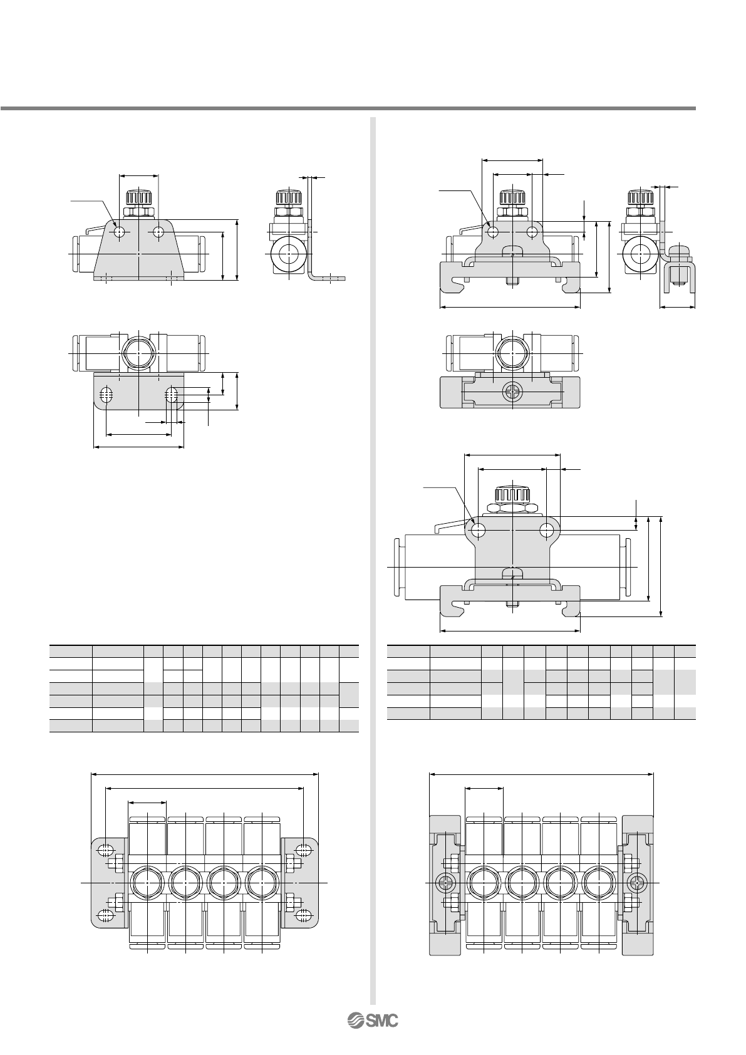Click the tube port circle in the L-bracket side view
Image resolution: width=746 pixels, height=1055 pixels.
click(x=286, y=254)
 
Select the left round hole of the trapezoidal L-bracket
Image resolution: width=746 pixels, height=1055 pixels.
click(x=120, y=232)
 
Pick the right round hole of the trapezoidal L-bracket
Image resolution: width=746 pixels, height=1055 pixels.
click(x=158, y=232)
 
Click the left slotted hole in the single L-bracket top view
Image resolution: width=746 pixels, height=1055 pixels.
click(x=107, y=394)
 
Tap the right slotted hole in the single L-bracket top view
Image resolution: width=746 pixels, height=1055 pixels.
click(x=172, y=394)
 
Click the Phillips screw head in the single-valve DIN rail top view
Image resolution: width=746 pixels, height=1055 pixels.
click(x=512, y=392)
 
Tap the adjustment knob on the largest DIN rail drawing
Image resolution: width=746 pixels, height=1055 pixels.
click(x=512, y=494)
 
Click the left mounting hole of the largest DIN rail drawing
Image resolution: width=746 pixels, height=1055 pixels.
click(x=478, y=531)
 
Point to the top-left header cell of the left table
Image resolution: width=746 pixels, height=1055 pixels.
click(x=71, y=652)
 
